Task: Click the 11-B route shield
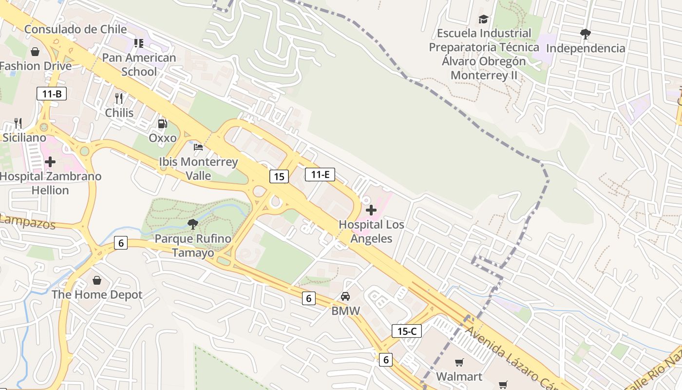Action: point(51,94)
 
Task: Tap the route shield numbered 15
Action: point(279,176)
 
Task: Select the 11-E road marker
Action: point(320,174)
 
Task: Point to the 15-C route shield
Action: point(406,331)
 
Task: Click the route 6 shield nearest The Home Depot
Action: point(121,242)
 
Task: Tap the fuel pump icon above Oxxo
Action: point(162,124)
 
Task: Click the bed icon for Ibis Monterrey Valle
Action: point(198,147)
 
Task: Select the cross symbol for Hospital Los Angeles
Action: point(371,210)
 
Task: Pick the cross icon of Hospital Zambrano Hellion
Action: point(50,162)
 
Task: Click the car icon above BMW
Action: point(345,296)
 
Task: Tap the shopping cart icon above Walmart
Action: point(459,362)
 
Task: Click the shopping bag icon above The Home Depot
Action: point(97,280)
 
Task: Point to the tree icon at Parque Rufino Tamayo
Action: point(192,224)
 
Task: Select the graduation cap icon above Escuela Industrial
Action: point(483,19)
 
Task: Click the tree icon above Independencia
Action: point(585,34)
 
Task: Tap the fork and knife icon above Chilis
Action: point(119,98)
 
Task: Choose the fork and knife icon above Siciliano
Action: point(18,123)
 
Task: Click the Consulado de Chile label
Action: point(76,29)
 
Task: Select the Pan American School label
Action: point(139,64)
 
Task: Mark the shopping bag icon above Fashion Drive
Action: point(35,52)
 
